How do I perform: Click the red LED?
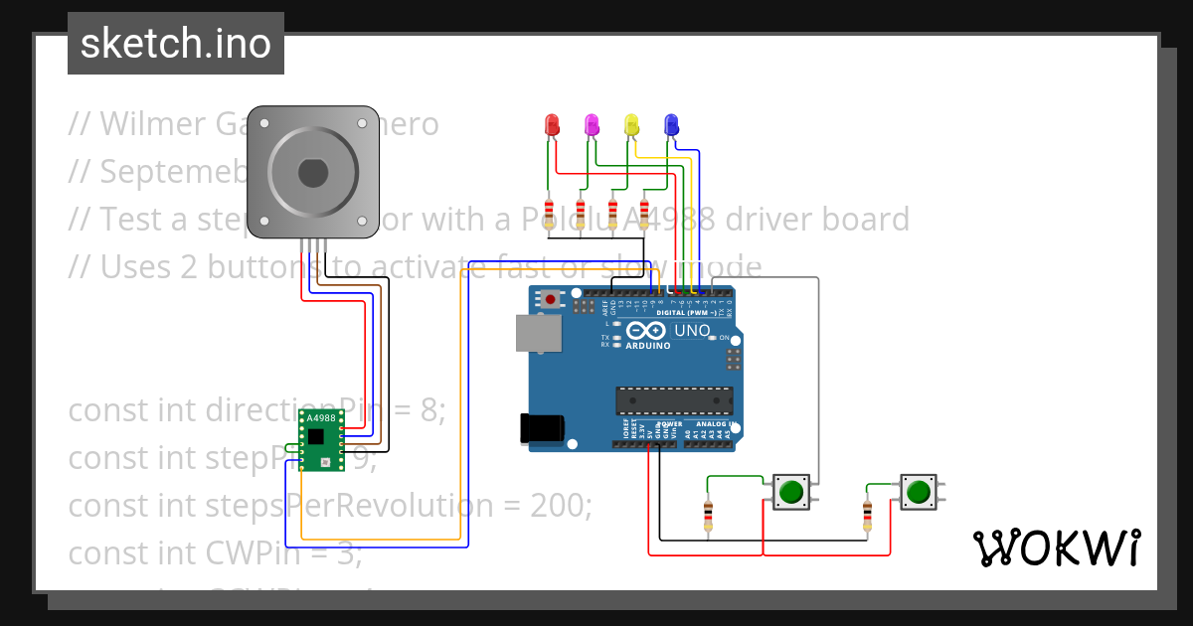[x=553, y=124]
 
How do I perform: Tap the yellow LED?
[x=631, y=124]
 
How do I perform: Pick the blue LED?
[x=671, y=124]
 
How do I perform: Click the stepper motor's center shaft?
[x=312, y=173]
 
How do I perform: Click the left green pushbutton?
[x=791, y=491]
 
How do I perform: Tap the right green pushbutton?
[x=919, y=491]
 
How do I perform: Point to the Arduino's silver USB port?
[x=537, y=333]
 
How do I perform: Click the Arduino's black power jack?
[x=542, y=428]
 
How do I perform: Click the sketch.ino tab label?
[x=176, y=44]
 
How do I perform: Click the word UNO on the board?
[x=692, y=331]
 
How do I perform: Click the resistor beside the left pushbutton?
[x=708, y=516]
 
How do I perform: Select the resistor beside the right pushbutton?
[x=867, y=516]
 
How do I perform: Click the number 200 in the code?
[x=561, y=506]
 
